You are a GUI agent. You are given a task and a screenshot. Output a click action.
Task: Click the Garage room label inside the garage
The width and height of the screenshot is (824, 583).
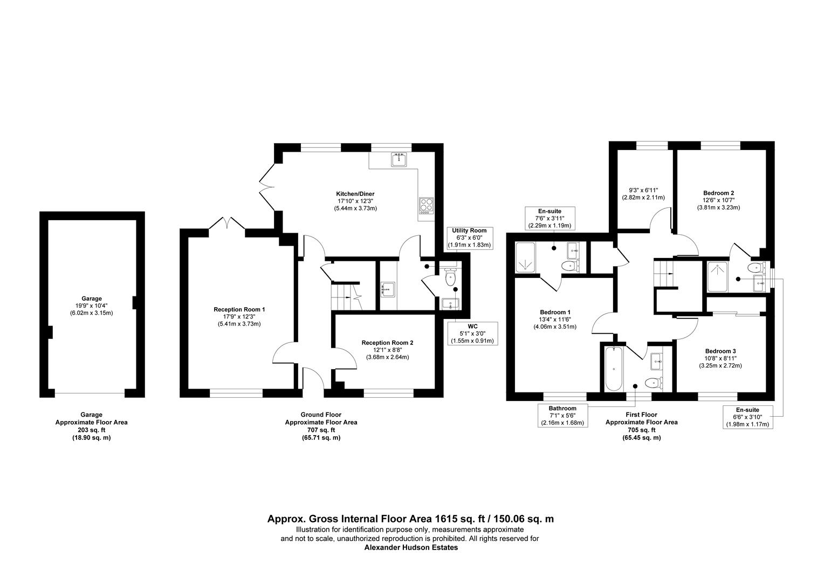click(92, 299)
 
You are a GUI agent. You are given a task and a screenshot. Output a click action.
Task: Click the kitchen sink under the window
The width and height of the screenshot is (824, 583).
click(399, 160)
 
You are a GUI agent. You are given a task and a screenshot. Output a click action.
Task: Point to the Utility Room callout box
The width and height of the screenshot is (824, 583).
click(469, 238)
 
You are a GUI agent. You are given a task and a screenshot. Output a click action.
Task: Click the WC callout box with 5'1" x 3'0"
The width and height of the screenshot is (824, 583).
click(472, 334)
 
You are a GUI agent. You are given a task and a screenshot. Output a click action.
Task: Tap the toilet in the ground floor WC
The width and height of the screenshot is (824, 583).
click(451, 277)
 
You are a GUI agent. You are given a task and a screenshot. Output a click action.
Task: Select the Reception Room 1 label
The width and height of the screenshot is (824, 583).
click(239, 309)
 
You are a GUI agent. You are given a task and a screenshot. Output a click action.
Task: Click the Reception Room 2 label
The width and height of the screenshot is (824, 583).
click(387, 343)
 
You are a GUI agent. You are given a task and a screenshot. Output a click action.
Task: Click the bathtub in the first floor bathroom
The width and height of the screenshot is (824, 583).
click(614, 369)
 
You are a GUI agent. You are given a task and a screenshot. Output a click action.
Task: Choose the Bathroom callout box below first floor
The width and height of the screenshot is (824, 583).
click(562, 416)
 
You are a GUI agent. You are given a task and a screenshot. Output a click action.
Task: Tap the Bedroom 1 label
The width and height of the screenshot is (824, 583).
click(555, 312)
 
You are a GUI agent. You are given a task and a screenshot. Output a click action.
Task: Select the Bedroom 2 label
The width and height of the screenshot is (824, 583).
click(718, 193)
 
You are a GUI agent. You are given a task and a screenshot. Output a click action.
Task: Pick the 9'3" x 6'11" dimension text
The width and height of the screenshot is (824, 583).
click(643, 190)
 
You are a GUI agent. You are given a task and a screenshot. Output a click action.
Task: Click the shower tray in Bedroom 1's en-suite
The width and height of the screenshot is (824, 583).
click(525, 258)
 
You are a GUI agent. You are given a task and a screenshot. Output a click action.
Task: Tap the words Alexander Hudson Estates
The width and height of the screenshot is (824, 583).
click(411, 547)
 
